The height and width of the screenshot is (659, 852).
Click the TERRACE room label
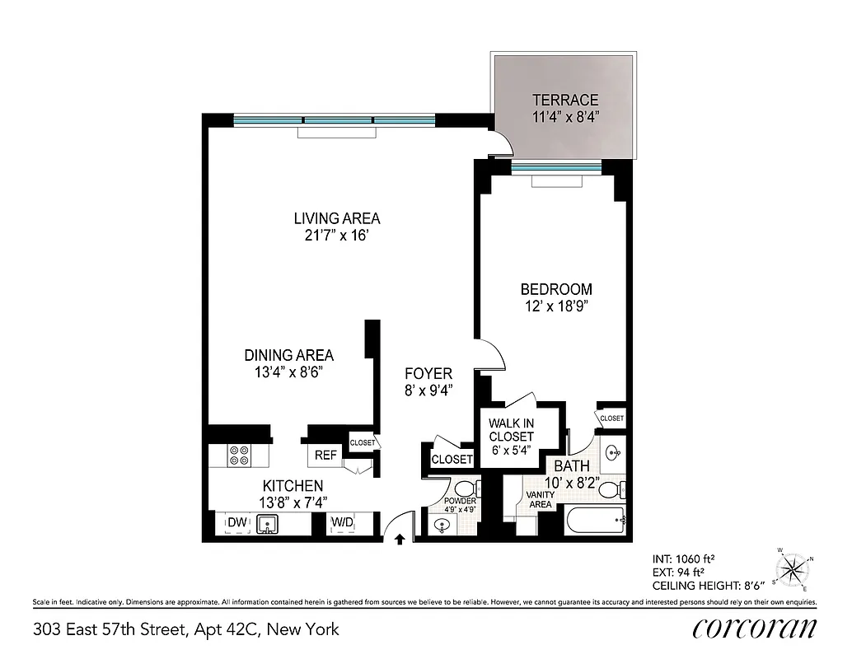pos(564,100)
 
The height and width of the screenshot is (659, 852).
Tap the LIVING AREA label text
pos(337,218)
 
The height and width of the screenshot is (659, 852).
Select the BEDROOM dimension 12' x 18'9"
pos(556,306)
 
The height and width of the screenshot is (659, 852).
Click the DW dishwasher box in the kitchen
pos(237,522)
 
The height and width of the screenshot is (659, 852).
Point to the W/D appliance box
pos(342,522)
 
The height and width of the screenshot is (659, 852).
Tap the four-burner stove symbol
pos(240,455)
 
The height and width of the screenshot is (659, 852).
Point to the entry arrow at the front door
pos(400,539)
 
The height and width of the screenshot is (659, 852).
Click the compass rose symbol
pos(793,568)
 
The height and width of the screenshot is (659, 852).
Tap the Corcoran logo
pos(754,629)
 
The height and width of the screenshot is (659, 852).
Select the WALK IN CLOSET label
pos(511,429)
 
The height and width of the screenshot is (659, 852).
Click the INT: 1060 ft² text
pos(679,557)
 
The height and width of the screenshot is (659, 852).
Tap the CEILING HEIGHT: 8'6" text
pos(709,585)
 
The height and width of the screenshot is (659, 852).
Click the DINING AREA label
pos(288,355)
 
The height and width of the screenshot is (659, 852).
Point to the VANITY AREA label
pos(540,499)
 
